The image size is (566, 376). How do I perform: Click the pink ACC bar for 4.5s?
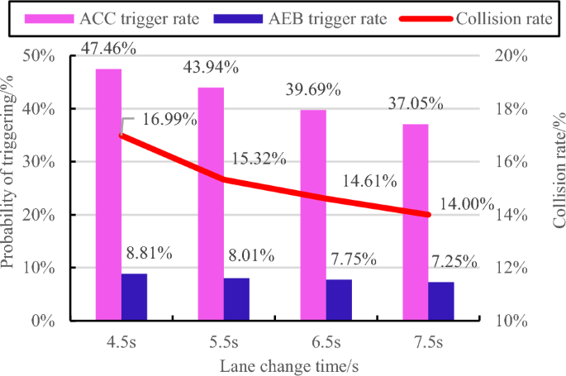pyautogui.click(x=108, y=194)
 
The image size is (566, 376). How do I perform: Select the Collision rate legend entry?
pyautogui.click(x=473, y=16)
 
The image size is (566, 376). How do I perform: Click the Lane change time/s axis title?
pyautogui.click(x=288, y=364)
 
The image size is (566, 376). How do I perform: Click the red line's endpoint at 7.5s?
pyautogui.click(x=428, y=215)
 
